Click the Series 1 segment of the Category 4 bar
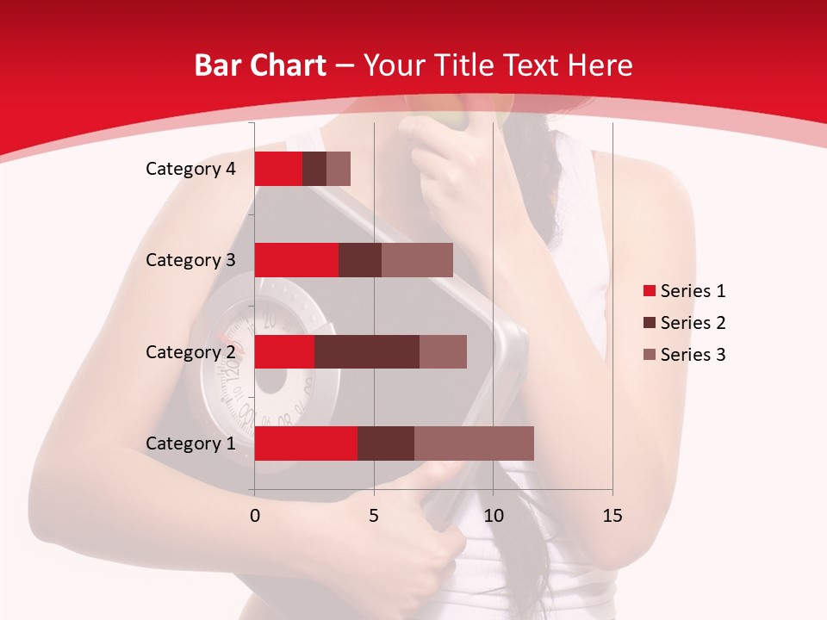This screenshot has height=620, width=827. point(278,169)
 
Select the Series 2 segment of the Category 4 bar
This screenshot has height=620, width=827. point(314,169)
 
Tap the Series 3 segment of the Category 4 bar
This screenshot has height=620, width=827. point(339,169)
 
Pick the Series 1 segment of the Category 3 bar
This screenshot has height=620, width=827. point(296,260)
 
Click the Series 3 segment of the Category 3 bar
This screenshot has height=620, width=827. point(417,260)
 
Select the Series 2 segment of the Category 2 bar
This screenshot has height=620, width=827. point(367,351)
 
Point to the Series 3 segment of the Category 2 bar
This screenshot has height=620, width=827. point(443,351)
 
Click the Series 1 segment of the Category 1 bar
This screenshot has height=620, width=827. point(306,443)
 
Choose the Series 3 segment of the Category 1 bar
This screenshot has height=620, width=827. point(474,443)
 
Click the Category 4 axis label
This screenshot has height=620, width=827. point(190,169)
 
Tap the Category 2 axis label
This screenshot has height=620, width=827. point(190,351)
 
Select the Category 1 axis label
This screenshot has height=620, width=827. point(190,443)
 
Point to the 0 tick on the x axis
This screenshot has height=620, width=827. point(255,516)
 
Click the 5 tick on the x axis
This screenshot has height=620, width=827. point(374,516)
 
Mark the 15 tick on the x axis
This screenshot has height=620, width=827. point(612,516)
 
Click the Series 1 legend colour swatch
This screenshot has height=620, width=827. point(649,291)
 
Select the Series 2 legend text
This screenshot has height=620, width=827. point(693,323)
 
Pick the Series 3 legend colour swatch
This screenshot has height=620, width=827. point(649,355)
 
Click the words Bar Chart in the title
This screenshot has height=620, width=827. point(260,65)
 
